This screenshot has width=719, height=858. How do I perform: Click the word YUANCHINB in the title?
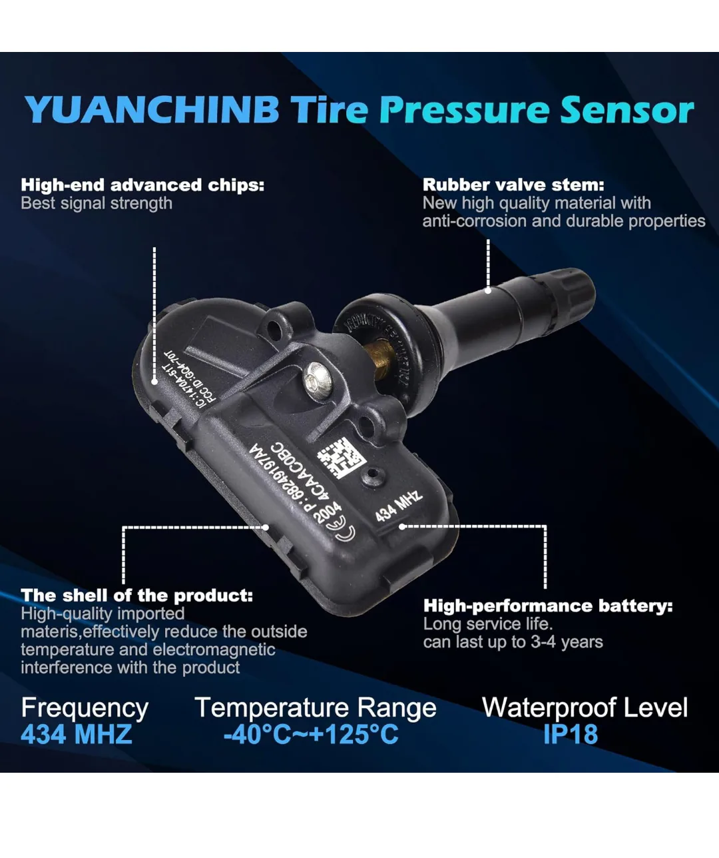click(152, 110)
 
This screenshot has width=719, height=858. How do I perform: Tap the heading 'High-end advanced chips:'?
click(142, 185)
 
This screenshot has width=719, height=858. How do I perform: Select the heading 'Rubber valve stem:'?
click(513, 185)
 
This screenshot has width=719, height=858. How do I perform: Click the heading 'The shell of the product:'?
click(137, 595)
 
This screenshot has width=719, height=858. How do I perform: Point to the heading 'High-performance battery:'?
click(548, 606)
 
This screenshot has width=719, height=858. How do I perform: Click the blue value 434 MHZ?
click(77, 734)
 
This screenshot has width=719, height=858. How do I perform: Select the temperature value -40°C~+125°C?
click(311, 734)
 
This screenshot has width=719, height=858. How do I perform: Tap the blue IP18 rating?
click(571, 734)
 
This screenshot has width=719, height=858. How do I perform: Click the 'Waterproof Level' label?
click(585, 707)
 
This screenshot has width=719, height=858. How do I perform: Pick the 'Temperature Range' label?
click(316, 707)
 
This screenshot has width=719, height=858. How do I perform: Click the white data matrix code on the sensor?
click(342, 458)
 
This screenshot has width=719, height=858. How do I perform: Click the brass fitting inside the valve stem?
click(381, 355)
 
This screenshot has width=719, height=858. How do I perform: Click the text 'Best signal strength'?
click(97, 203)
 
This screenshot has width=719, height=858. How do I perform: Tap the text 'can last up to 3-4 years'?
click(513, 642)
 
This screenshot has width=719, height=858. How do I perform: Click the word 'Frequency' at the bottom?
click(85, 707)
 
